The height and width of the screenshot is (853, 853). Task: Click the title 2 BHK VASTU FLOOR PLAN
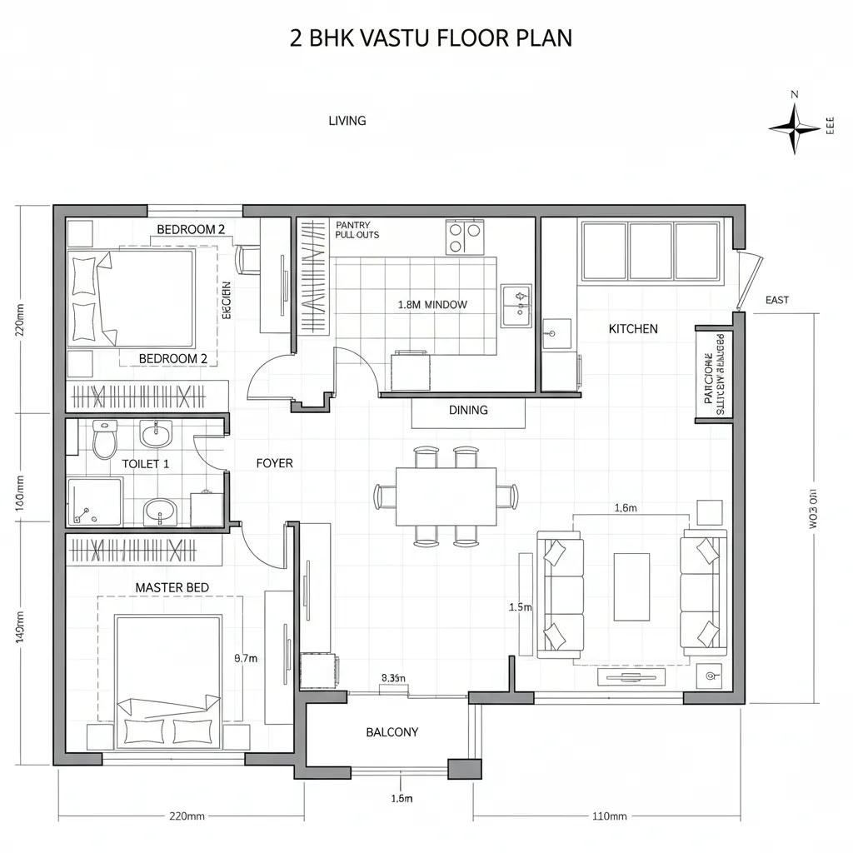pyautogui.click(x=431, y=39)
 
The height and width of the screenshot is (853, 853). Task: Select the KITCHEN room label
pyautogui.click(x=633, y=329)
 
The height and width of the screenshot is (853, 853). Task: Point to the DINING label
pyautogui.click(x=468, y=410)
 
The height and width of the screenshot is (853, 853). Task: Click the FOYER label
pyautogui.click(x=274, y=463)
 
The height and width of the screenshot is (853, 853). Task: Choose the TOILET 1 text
pyautogui.click(x=146, y=464)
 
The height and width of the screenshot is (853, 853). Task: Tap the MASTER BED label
pyautogui.click(x=172, y=587)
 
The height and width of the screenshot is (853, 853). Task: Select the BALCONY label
pyautogui.click(x=392, y=732)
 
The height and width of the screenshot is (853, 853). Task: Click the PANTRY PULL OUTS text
pyautogui.click(x=357, y=230)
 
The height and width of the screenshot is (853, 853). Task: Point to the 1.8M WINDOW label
pyautogui.click(x=432, y=305)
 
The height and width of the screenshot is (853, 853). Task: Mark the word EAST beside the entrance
pyautogui.click(x=776, y=300)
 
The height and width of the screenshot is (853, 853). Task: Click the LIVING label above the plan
pyautogui.click(x=347, y=121)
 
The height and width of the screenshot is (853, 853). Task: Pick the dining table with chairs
pyautogui.click(x=446, y=496)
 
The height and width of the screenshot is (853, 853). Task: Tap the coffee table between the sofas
pyautogui.click(x=631, y=586)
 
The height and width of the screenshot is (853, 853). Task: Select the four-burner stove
pyautogui.click(x=465, y=236)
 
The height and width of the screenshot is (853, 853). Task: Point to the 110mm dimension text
pyautogui.click(x=608, y=816)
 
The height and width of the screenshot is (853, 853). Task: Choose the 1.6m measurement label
pyautogui.click(x=625, y=507)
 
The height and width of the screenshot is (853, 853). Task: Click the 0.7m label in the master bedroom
pyautogui.click(x=246, y=658)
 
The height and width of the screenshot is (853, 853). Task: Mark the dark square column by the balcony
pyautogui.click(x=459, y=768)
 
